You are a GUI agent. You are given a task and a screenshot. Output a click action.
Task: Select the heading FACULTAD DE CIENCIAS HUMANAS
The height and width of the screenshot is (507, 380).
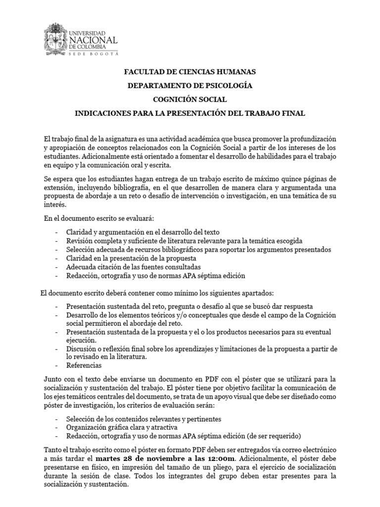pos(190,72)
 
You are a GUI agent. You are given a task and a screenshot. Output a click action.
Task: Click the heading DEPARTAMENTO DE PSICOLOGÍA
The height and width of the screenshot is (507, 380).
pos(190,86)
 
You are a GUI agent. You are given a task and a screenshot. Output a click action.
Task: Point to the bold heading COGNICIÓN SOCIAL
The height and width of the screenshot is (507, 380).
pos(190,100)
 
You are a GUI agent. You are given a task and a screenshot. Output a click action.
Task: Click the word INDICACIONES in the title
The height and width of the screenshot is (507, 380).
pos(102,113)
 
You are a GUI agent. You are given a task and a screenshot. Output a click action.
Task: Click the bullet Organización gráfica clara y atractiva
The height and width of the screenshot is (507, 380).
pos(121,427)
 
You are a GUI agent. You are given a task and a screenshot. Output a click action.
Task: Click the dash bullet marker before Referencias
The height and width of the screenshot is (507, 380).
pos(58,365)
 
